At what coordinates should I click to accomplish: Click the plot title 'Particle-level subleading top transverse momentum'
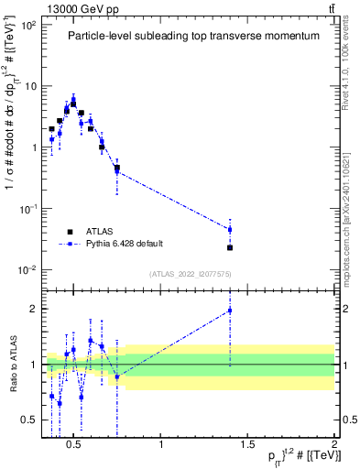pos(193,36)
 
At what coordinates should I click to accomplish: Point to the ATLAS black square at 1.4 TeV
pos(230,247)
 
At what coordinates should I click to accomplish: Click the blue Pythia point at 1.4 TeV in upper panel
pos(230,229)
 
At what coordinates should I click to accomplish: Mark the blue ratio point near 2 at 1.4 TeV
pos(230,311)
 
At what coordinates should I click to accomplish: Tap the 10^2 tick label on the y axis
pos(27,25)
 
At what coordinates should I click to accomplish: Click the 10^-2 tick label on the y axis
pos(27,269)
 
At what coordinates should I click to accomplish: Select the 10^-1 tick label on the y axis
pos(27,209)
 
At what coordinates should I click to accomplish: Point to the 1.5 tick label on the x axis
pos(247,444)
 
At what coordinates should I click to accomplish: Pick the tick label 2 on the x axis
pos(333,444)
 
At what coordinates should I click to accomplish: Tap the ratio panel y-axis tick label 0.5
pos(27,420)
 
